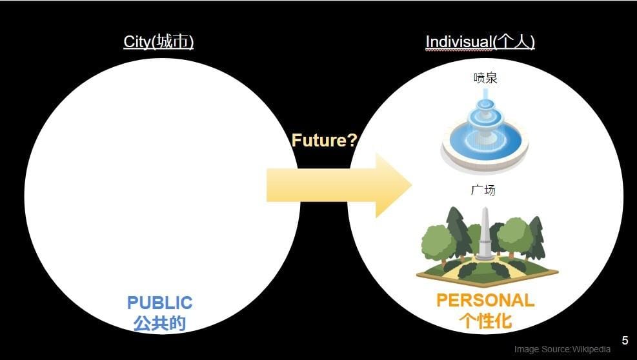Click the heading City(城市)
click(159, 42)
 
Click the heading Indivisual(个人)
click(480, 42)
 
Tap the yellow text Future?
click(324, 141)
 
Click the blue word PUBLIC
click(159, 303)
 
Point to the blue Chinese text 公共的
click(159, 323)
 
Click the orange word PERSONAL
click(485, 301)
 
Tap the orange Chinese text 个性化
click(485, 321)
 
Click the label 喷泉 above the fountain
click(485, 79)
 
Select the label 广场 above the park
click(483, 190)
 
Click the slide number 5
click(625, 341)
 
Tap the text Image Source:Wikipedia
click(562, 349)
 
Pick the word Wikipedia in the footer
click(591, 349)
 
